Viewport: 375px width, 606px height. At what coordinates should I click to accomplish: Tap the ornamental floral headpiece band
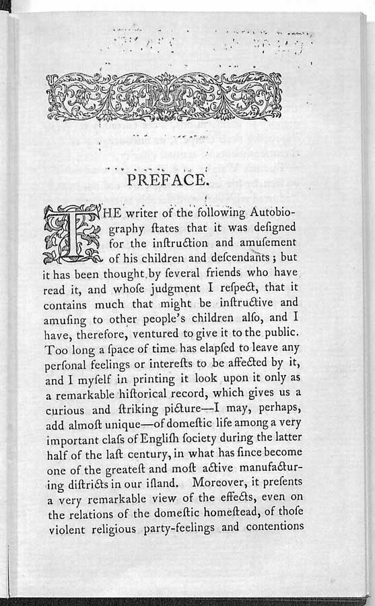pyautogui.click(x=164, y=96)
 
